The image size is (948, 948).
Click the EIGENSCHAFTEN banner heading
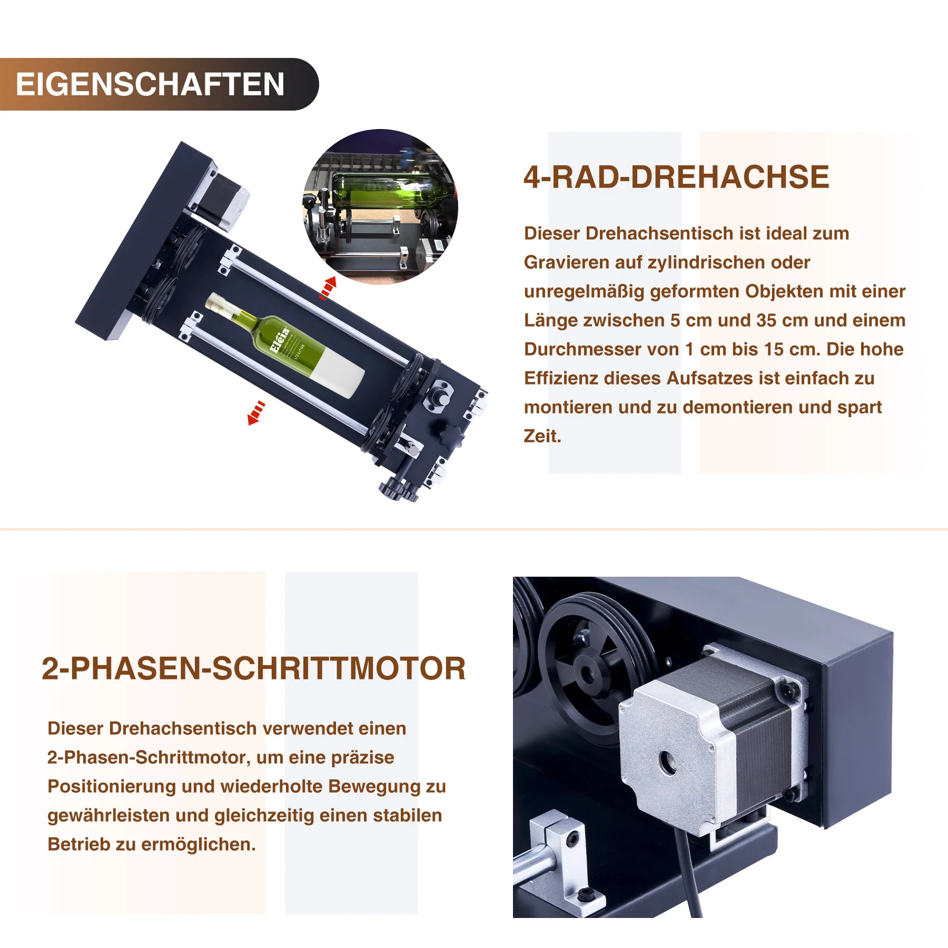(x=150, y=84)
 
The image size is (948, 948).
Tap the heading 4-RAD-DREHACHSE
(x=676, y=177)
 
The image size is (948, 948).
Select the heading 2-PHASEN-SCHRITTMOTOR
(x=253, y=668)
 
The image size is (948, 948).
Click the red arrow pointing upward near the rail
(x=328, y=288)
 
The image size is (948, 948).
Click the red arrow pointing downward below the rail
(x=256, y=412)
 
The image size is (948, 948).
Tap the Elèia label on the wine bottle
(x=280, y=340)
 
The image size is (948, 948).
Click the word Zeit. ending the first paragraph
(x=542, y=436)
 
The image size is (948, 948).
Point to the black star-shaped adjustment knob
(x=450, y=434)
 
